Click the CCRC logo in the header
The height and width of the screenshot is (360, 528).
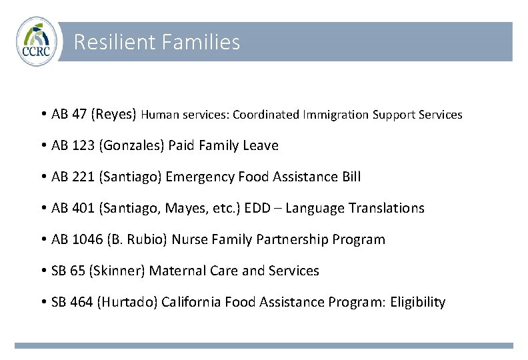[37, 42]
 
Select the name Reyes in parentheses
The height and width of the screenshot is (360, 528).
[117, 114]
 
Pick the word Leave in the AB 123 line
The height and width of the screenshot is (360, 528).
[261, 145]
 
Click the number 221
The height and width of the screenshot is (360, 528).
[83, 177]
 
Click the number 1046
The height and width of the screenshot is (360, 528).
[87, 239]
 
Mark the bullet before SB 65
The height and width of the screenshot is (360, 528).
[43, 271]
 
